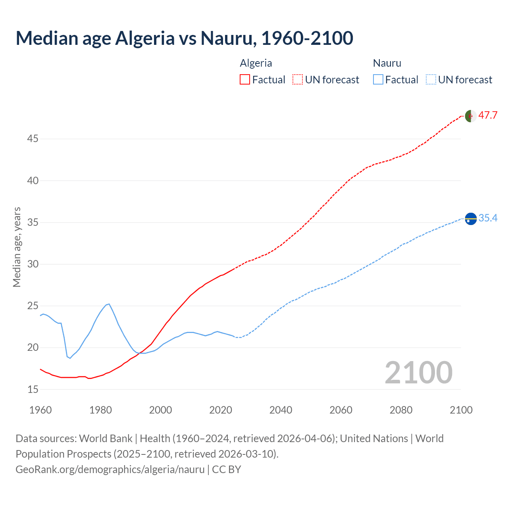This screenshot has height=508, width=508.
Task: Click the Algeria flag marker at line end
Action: (x=471, y=116)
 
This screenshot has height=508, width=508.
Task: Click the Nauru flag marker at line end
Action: (x=471, y=219)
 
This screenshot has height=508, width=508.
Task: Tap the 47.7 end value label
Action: (x=488, y=115)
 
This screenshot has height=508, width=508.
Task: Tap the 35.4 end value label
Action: (x=488, y=218)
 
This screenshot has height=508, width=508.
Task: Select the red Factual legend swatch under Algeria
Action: (x=245, y=79)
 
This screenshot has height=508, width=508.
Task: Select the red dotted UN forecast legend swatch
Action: (x=298, y=79)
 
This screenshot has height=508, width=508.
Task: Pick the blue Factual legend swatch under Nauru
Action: (x=378, y=79)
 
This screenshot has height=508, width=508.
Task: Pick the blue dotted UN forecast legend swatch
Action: (x=431, y=79)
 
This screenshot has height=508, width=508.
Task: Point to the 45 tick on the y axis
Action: (x=33, y=139)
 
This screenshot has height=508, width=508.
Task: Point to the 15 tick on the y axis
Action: (x=33, y=390)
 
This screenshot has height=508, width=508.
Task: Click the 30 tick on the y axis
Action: (x=33, y=264)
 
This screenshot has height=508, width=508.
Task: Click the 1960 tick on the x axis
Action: (x=40, y=410)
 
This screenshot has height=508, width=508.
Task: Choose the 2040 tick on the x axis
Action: (x=281, y=410)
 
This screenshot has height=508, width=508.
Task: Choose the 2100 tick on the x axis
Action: (x=461, y=410)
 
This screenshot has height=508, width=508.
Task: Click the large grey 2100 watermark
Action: (x=418, y=372)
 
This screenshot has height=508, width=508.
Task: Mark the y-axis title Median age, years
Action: (x=17, y=247)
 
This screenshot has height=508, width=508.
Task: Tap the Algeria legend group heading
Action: (x=256, y=63)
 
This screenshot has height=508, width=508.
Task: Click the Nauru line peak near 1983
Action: (x=109, y=304)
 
